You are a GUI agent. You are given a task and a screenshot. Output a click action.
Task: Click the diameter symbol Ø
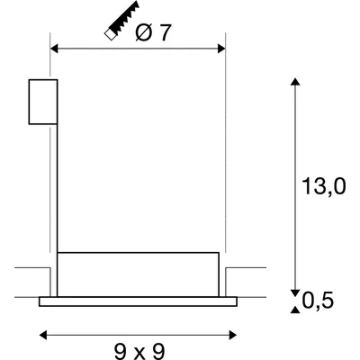click(x=142, y=33)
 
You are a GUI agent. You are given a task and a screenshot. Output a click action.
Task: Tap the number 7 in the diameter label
click(x=165, y=33)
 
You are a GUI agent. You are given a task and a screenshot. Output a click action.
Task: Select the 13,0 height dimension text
click(x=323, y=186)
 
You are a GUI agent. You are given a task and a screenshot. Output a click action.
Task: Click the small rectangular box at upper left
click(x=43, y=101)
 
